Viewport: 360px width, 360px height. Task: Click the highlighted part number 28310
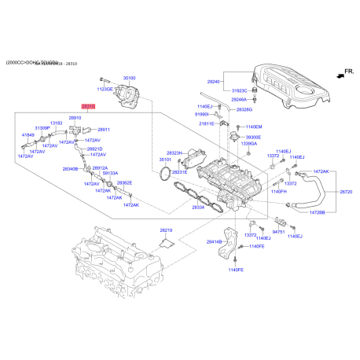(x=89, y=105)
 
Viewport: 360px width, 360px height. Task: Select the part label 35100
(x=130, y=79)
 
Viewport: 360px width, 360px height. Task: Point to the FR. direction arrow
(x=340, y=72)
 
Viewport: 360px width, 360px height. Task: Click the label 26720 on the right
(x=346, y=192)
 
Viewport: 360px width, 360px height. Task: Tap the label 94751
(x=278, y=233)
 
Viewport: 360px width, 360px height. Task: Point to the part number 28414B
(x=215, y=243)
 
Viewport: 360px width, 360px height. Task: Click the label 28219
(x=166, y=230)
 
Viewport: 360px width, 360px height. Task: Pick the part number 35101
(x=166, y=160)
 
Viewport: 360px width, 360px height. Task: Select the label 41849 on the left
(x=28, y=135)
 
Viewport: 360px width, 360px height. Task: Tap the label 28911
(x=103, y=129)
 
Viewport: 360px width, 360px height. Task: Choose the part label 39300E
(x=255, y=136)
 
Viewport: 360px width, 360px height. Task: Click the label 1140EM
(x=254, y=127)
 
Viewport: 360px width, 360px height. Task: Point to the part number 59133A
(x=111, y=174)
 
